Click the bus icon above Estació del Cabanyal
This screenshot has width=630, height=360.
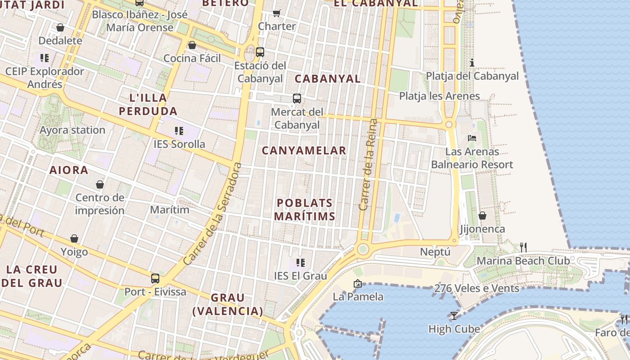pos(260,52)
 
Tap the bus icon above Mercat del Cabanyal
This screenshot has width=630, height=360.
pos(297,99)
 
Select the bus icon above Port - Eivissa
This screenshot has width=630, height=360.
pos(155,278)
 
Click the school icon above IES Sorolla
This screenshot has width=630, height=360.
pos(179,131)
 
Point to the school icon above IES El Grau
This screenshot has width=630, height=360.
pos(301,262)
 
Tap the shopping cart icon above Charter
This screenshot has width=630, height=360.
pos(277,13)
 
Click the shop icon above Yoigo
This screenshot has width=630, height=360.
pos(74,238)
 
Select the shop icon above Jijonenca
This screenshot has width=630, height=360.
pos(482,216)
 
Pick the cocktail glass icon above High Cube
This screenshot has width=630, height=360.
pos(454,315)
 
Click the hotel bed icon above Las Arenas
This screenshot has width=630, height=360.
pos(472,138)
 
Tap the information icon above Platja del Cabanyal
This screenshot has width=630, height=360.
pos(472,63)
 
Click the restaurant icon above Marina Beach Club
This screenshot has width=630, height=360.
pos(523,247)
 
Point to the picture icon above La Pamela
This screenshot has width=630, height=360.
pos(358,283)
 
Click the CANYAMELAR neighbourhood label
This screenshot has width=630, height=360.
pos(304,151)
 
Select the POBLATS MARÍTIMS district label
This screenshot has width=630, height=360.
pos(305,210)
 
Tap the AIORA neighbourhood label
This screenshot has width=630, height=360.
pos(69,170)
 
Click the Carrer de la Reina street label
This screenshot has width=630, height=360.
pos(369,165)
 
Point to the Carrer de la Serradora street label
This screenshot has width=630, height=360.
pos(212,214)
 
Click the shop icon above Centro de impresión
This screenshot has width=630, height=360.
pos(100,184)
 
